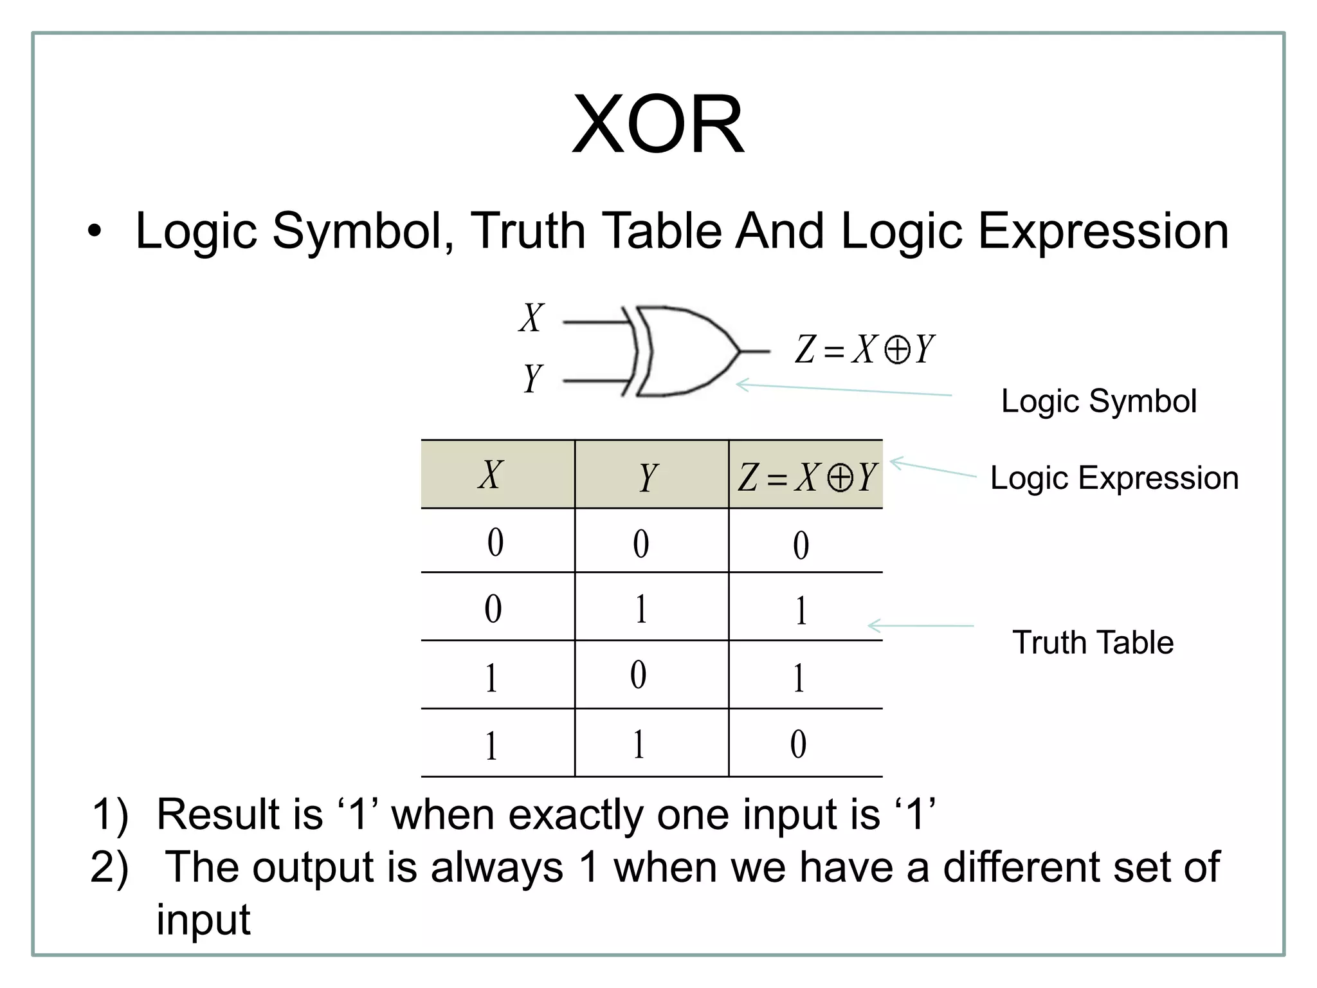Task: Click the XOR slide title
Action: point(658,125)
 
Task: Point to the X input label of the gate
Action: point(532,318)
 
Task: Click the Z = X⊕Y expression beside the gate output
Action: point(865,350)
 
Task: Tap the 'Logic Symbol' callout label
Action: point(1098,401)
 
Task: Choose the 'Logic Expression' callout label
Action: point(1114,478)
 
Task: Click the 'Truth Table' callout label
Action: point(1093,643)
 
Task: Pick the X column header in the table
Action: point(491,476)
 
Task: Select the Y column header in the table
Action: point(648,478)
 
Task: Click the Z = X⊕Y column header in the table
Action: point(806,478)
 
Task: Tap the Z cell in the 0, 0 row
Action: point(801,545)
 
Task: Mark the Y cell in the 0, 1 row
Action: point(641,608)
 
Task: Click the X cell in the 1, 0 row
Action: point(491,677)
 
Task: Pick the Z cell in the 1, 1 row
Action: point(798,744)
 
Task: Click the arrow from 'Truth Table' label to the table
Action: point(921,625)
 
